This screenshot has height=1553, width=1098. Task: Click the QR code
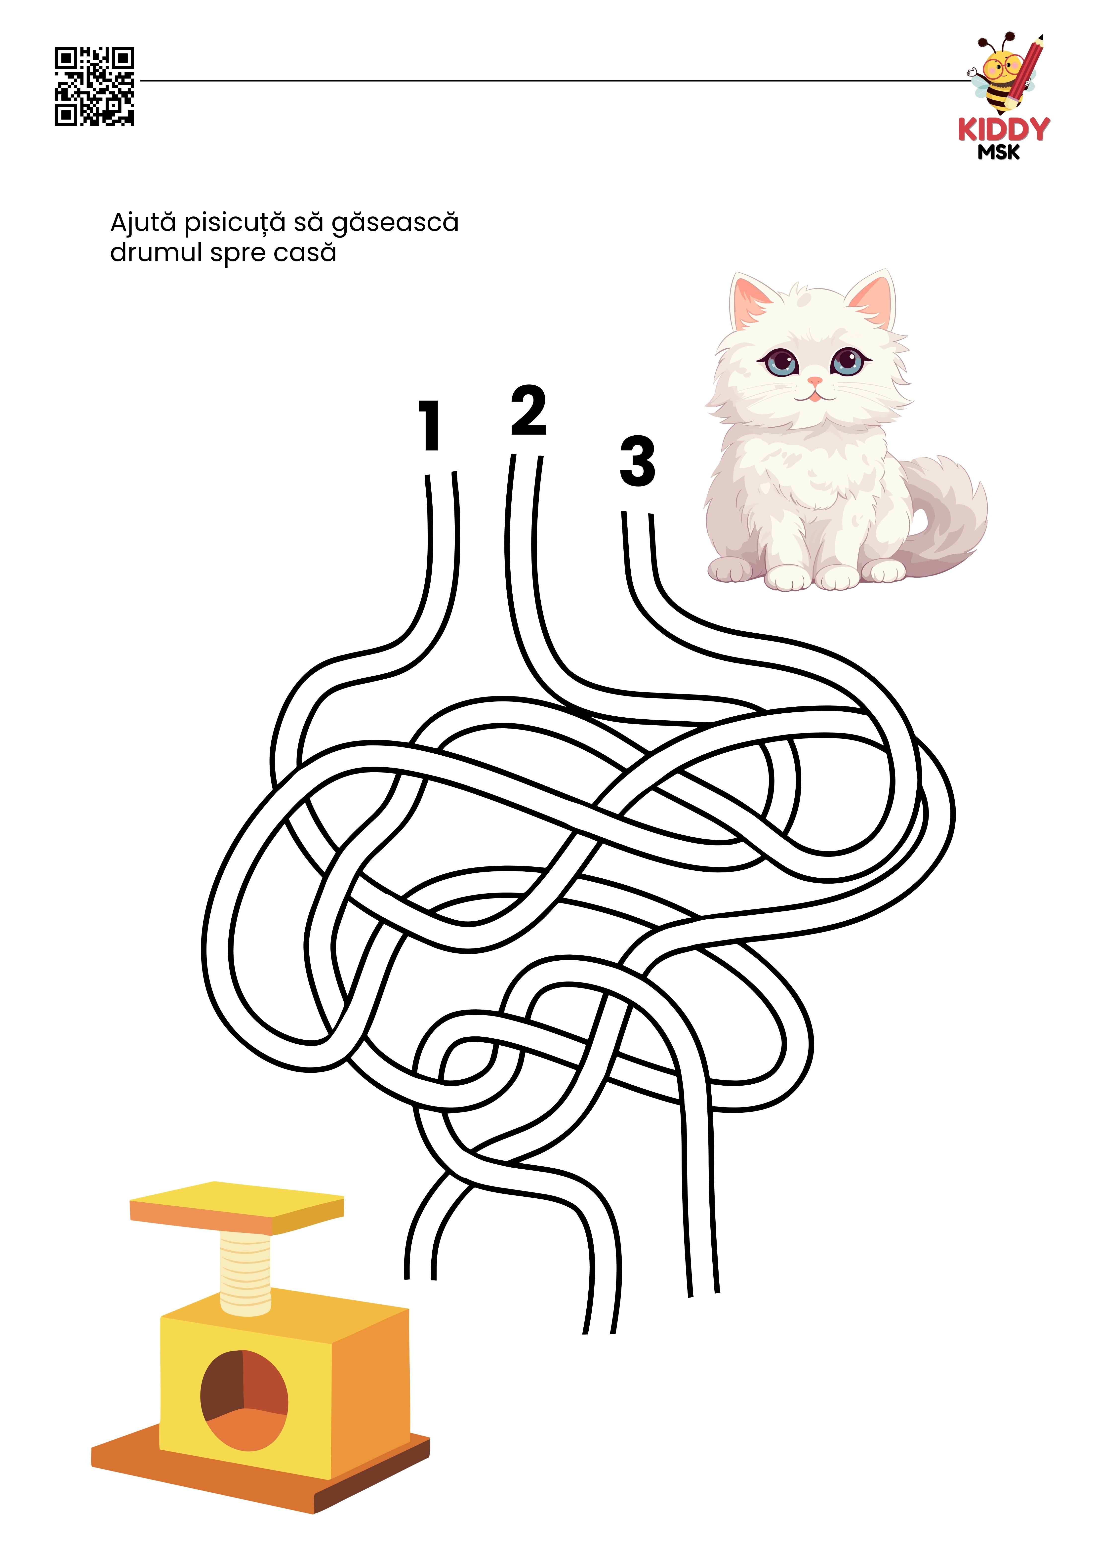[94, 86]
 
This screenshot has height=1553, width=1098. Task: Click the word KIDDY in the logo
[1003, 129]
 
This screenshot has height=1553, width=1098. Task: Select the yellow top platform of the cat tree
[237, 1209]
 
